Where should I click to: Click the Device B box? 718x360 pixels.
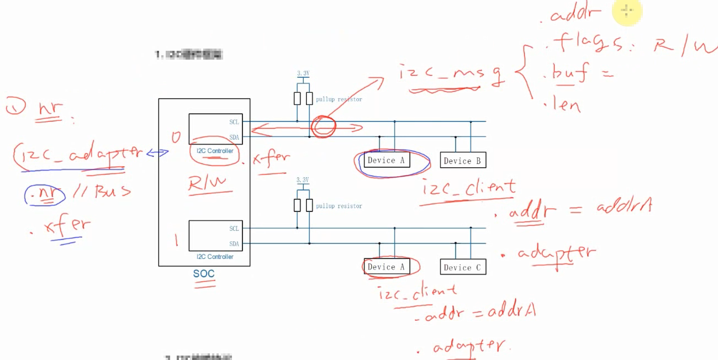click(463, 161)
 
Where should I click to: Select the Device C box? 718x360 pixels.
click(463, 267)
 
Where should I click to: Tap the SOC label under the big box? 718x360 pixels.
click(204, 273)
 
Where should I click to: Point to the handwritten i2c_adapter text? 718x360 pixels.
click(69, 155)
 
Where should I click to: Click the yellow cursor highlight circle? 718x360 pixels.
click(626, 12)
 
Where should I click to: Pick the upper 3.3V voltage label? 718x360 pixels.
click(303, 73)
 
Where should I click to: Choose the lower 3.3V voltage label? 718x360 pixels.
click(302, 180)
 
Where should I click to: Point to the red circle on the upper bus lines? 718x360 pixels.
click(323, 126)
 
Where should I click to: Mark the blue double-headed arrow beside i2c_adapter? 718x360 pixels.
click(157, 153)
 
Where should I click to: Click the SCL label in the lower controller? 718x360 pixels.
click(234, 229)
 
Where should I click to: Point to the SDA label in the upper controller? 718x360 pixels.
click(234, 137)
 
